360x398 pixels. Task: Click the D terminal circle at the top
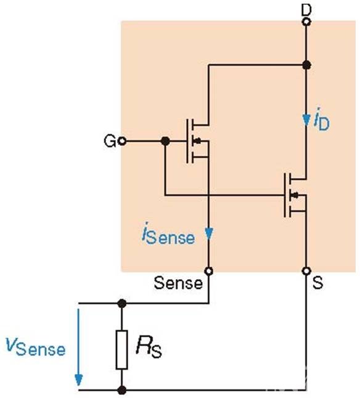pos(306,22)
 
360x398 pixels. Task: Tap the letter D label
pos(306,10)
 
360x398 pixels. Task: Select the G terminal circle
pos(123,141)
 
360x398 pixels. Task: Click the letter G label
pos(110,141)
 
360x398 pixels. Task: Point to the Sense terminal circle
pos(209,271)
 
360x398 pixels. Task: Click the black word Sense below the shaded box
pos(178,283)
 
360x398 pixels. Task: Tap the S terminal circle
pos(306,271)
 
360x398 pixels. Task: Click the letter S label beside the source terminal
pos(317,283)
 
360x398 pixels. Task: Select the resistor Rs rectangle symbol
pos(122,349)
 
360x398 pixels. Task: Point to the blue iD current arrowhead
pos(306,120)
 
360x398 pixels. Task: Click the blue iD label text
pos(321,120)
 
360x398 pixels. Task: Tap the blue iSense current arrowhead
pos(209,234)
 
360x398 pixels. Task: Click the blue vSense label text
pos(36,346)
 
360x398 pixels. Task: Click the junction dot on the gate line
pos(165,141)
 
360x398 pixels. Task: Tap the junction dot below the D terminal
pos(306,65)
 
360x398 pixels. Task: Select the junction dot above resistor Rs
pos(122,303)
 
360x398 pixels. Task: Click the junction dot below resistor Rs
pos(122,390)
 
